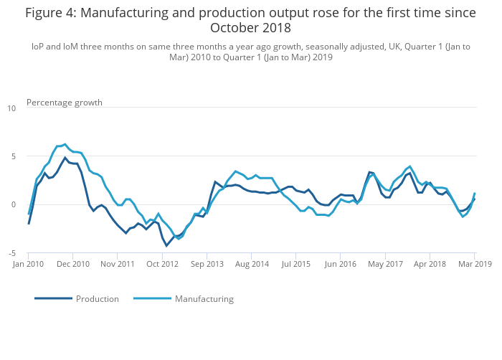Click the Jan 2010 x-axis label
coord(29,264)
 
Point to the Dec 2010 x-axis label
coord(73,264)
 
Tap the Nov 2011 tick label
coord(118,264)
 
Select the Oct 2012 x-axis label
coord(163,264)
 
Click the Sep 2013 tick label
coord(207,264)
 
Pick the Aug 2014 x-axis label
coord(252,264)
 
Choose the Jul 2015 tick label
coord(296,264)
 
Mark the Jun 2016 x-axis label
coord(341,264)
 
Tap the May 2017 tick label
coord(385,264)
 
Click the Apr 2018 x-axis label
coord(430,264)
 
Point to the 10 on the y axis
coord(11,108)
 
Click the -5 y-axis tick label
coord(11,253)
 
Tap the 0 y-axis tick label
coord(14,204)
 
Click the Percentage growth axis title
coord(65,103)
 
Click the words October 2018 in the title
coord(250,28)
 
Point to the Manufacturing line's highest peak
coord(65,144)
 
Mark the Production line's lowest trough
coord(166,246)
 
